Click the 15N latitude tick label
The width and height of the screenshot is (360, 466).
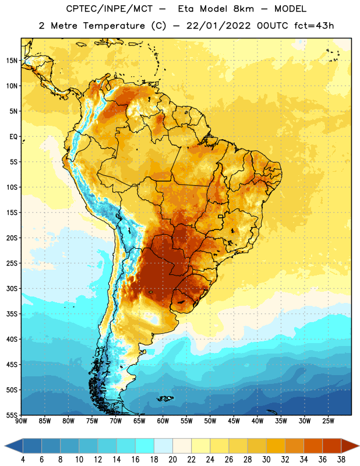click(x=12, y=61)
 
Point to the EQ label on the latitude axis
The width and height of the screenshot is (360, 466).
click(x=13, y=137)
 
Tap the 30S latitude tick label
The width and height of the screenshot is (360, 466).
click(x=12, y=288)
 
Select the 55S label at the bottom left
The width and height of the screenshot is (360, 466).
click(x=12, y=415)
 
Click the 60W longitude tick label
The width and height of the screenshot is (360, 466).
click(x=163, y=421)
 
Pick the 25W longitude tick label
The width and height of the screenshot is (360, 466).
click(x=328, y=421)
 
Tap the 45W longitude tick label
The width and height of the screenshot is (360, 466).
click(x=234, y=421)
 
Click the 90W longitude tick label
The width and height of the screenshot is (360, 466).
click(x=21, y=421)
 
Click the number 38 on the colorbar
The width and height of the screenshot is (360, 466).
click(x=341, y=460)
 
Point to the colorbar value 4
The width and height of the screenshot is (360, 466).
click(x=23, y=460)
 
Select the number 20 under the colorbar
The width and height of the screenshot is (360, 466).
click(x=172, y=460)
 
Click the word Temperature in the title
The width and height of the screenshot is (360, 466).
click(x=114, y=26)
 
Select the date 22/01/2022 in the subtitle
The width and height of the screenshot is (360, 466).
click(x=218, y=26)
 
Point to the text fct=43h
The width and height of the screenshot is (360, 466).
click(x=314, y=26)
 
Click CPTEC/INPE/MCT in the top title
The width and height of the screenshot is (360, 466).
click(x=109, y=9)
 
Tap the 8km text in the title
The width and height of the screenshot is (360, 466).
click(x=243, y=9)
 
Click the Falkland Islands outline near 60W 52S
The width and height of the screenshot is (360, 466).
click(x=165, y=398)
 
